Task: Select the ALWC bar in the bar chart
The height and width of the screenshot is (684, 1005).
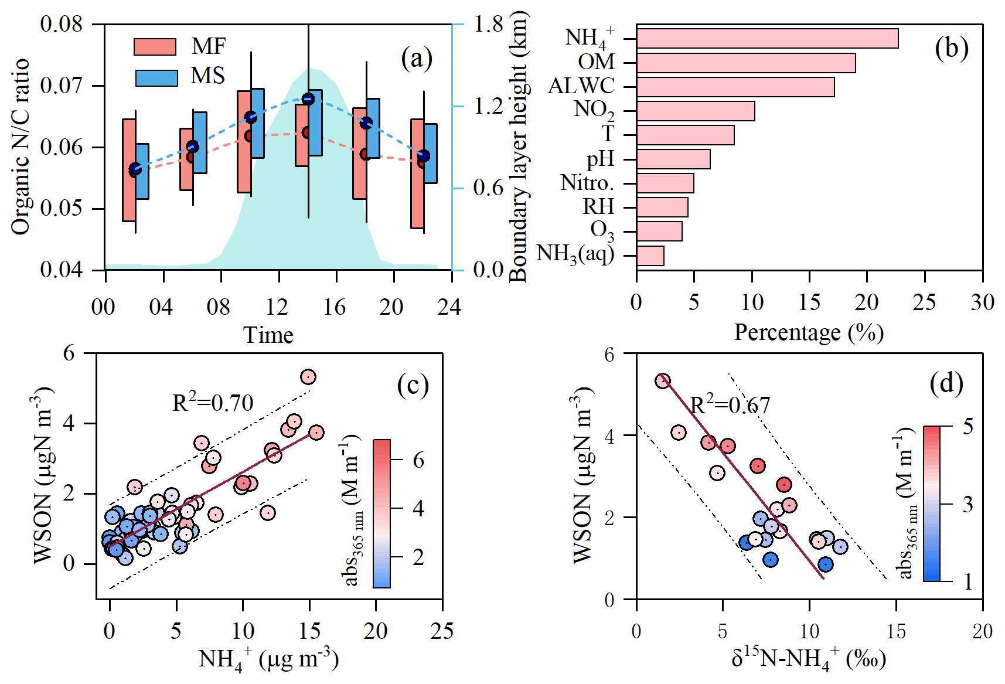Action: click(735, 87)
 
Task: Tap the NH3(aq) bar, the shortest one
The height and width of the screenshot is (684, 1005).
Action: click(650, 256)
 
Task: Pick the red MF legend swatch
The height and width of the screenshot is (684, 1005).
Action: click(155, 47)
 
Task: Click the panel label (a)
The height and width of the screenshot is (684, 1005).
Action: click(417, 59)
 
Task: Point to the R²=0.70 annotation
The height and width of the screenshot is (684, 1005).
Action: click(213, 403)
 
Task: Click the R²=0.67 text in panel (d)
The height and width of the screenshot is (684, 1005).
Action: click(730, 405)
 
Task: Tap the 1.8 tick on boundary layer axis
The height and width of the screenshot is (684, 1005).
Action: click(488, 25)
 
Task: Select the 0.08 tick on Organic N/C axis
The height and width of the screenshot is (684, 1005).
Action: click(61, 25)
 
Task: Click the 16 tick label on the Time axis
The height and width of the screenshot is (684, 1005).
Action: click(335, 307)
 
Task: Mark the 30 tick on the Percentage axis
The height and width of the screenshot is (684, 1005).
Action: click(982, 302)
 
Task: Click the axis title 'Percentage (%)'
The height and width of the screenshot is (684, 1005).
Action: click(809, 332)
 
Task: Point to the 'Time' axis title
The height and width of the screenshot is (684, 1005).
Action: click(268, 335)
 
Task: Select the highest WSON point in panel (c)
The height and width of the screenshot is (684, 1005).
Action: click(308, 377)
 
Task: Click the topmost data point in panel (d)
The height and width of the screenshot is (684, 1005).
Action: click(662, 381)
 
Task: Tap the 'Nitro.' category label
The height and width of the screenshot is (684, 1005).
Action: click(587, 183)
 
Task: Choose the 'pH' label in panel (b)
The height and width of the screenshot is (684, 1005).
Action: click(600, 159)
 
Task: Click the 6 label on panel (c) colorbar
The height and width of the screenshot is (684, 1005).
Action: click(418, 461)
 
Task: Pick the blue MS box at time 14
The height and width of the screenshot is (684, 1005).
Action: click(315, 122)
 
